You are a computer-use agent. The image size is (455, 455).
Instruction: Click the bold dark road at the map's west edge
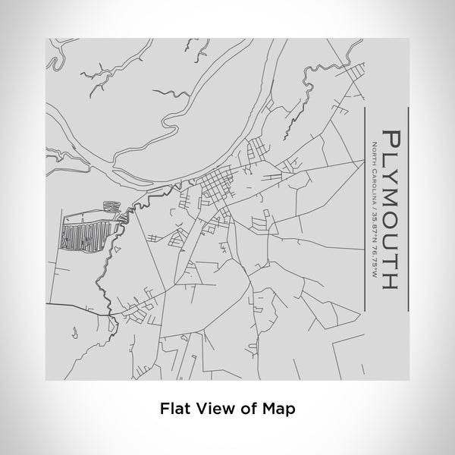(72, 304)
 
